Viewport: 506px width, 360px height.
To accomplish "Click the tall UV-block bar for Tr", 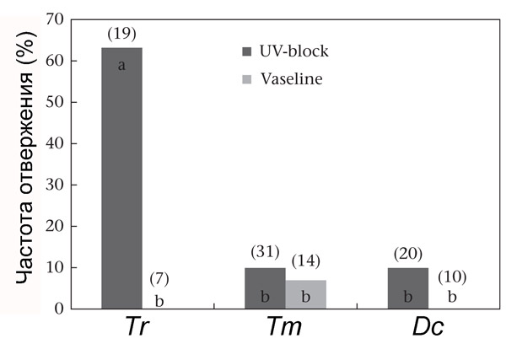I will tap(121, 178).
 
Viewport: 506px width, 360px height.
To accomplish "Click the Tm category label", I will tap(283, 329).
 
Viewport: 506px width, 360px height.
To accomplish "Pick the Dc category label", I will tap(427, 329).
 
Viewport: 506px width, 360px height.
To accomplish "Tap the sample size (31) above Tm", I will tap(265, 251).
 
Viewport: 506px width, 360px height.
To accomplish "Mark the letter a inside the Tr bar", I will tap(121, 65).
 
